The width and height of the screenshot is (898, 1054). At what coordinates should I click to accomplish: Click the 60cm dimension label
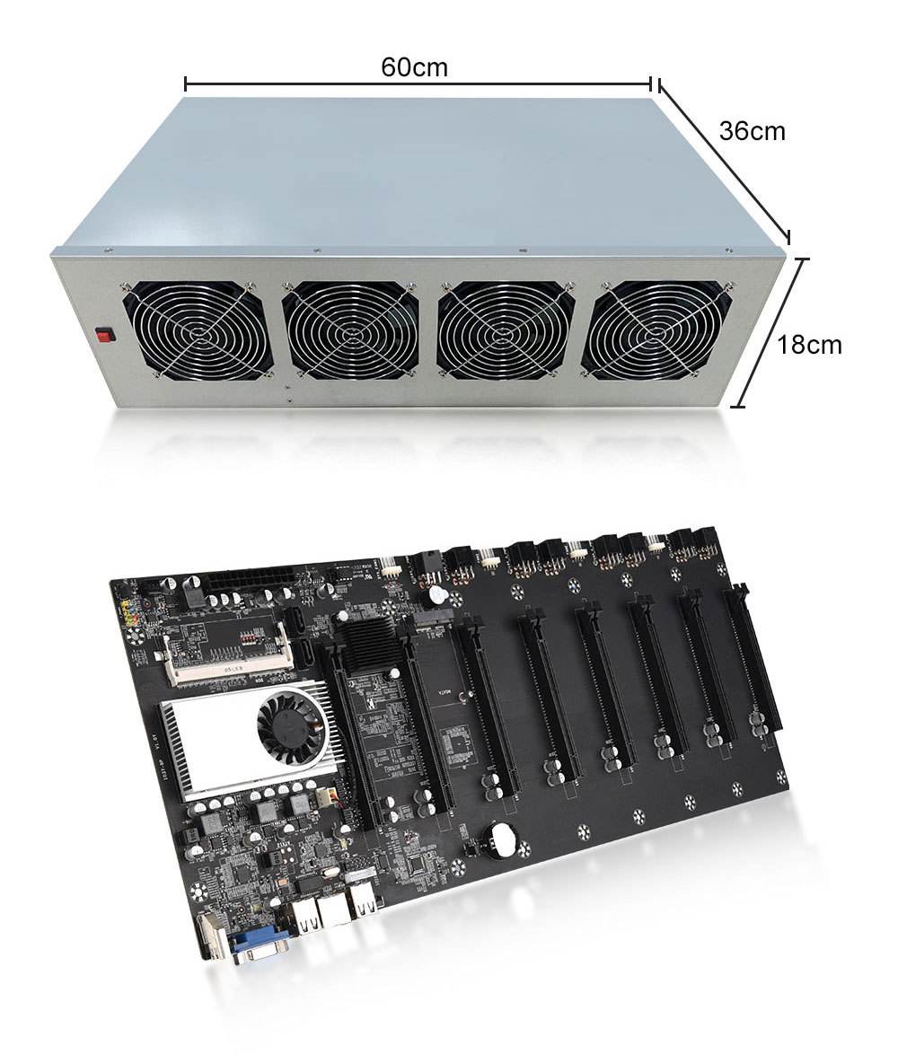click(414, 66)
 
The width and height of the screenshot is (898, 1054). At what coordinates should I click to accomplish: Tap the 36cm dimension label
click(752, 131)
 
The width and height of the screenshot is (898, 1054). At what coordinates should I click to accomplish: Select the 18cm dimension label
click(809, 344)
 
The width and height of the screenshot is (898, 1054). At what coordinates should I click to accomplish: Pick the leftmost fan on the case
click(198, 329)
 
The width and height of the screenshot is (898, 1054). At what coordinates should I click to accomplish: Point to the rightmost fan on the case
click(656, 329)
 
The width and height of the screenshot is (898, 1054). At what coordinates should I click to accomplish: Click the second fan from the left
click(350, 329)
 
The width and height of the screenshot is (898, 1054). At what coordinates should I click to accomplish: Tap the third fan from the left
click(506, 329)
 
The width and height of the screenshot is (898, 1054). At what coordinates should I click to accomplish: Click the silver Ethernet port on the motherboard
click(333, 909)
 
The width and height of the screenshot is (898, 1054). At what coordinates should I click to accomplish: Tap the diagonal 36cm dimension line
click(724, 160)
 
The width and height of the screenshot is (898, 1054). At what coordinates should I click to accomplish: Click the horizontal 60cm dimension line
click(418, 84)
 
